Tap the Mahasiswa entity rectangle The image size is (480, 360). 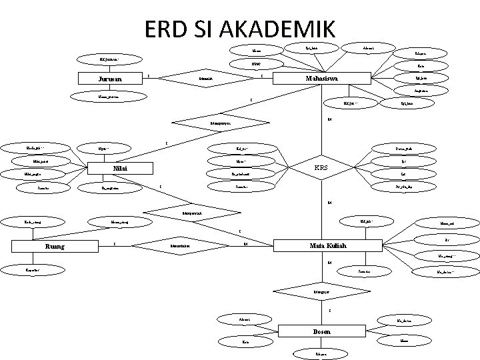click(321, 79)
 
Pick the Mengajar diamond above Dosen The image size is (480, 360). click(320, 291)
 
